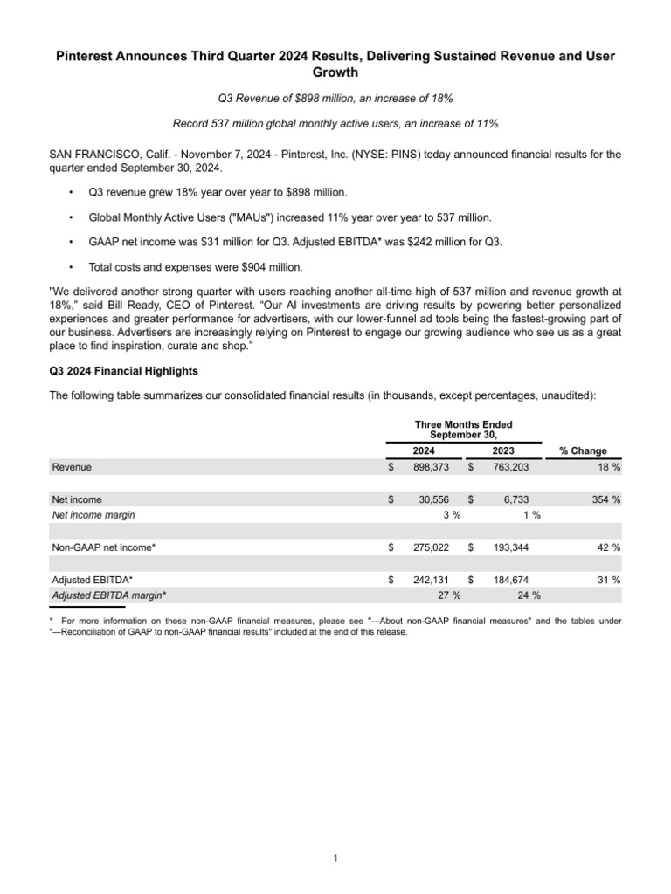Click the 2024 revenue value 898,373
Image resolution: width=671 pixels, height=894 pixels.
coord(431,468)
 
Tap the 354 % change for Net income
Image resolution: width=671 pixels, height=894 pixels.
coord(604,499)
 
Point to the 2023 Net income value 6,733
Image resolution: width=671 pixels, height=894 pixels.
coord(513,499)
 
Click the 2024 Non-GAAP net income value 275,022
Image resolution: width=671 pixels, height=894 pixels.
coord(431,547)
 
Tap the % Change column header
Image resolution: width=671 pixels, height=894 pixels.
coord(584,451)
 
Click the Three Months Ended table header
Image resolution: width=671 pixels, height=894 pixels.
coord(464,424)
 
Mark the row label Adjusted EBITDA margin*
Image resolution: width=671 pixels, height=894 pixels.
coord(109,595)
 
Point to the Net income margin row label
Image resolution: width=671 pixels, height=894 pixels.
coord(93,515)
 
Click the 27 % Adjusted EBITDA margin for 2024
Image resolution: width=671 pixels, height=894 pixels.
coord(449,595)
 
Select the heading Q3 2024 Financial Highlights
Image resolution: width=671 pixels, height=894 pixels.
coord(123,370)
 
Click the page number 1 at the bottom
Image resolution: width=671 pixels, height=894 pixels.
coord(335,859)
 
